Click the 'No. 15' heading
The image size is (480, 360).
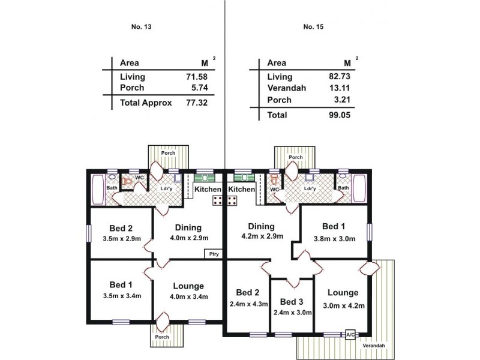pyautogui.click(x=313, y=26)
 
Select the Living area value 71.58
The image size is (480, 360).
pyautogui.click(x=196, y=77)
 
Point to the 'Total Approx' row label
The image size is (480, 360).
pyautogui.click(x=146, y=103)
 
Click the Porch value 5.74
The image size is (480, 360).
pyautogui.click(x=199, y=88)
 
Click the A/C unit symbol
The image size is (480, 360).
pyautogui.click(x=349, y=335)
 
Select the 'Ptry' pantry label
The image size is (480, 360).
pyautogui.click(x=214, y=254)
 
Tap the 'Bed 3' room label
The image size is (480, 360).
pyautogui.click(x=292, y=301)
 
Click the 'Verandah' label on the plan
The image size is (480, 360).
pyautogui.click(x=374, y=346)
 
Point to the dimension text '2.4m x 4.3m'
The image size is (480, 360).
pyautogui.click(x=247, y=305)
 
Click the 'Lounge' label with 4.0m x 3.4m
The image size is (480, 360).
pyautogui.click(x=188, y=286)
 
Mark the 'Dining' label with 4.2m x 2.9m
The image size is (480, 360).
pyautogui.click(x=262, y=226)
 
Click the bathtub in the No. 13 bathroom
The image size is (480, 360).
pyautogui.click(x=97, y=188)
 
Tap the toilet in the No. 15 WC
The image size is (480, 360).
pyautogui.click(x=274, y=180)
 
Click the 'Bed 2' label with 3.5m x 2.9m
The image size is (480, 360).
pyautogui.click(x=121, y=228)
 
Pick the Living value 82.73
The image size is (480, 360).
pyautogui.click(x=340, y=77)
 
